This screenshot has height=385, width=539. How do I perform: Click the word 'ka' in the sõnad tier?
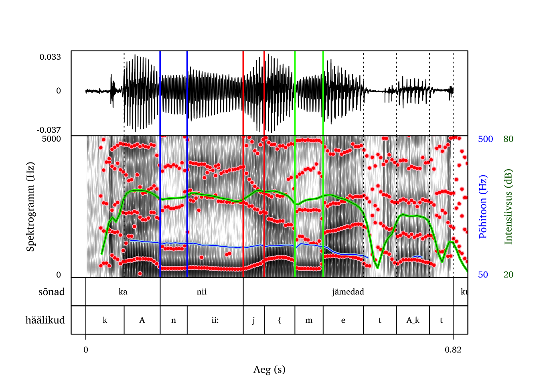click(123, 292)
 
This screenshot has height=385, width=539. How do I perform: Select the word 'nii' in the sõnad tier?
click(201, 292)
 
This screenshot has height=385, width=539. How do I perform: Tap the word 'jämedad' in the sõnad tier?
click(348, 292)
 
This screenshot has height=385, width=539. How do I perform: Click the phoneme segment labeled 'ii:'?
click(215, 320)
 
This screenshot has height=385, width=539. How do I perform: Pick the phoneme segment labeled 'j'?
click(253, 320)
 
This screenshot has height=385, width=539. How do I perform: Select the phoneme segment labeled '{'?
click(280, 320)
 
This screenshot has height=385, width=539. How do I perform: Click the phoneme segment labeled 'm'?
click(309, 320)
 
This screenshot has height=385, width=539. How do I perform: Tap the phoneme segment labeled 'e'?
click(343, 320)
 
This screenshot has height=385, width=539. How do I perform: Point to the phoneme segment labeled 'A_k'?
click(413, 320)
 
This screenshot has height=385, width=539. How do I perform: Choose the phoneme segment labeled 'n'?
click(174, 320)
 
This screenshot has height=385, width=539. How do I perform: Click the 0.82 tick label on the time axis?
click(453, 350)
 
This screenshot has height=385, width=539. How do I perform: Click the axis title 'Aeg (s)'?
click(269, 369)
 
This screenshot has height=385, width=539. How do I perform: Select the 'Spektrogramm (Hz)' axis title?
click(30, 207)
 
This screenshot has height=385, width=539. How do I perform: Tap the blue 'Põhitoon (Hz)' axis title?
click(483, 207)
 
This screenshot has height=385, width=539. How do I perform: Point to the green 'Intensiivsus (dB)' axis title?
click(509, 207)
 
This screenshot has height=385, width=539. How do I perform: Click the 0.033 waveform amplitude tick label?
click(50, 57)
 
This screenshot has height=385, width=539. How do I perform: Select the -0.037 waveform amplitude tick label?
click(49, 130)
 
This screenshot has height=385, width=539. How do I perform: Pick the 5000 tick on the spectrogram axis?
click(51, 139)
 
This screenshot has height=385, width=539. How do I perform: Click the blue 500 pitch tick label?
click(485, 139)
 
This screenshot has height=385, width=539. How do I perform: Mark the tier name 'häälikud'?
click(45, 320)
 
